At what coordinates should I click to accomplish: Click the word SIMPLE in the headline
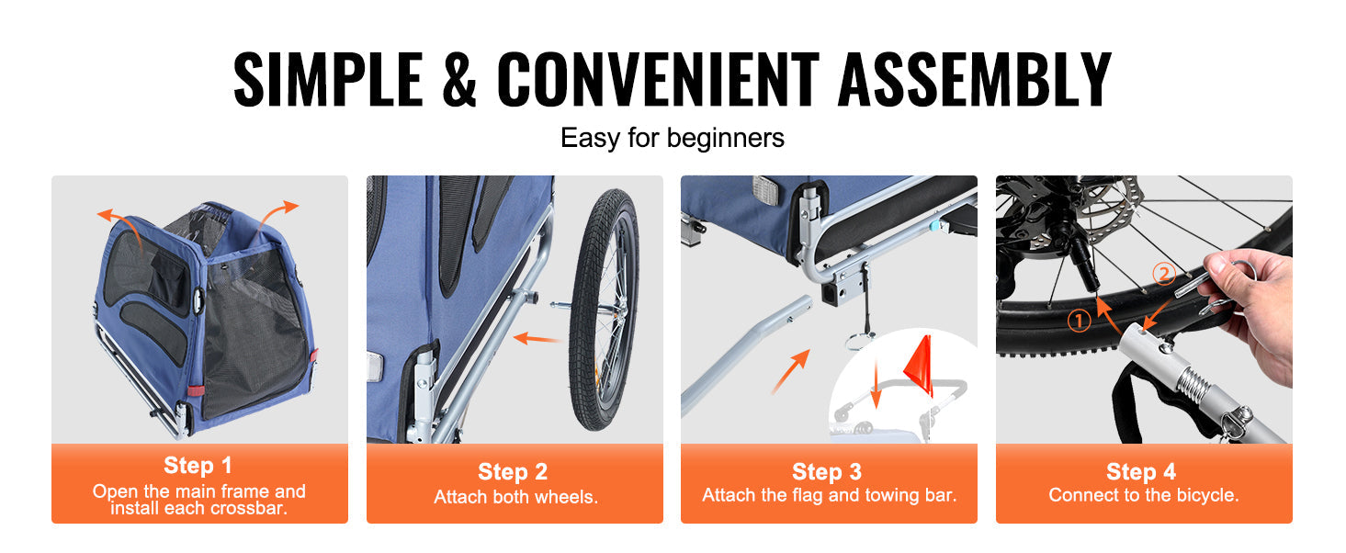click(x=328, y=79)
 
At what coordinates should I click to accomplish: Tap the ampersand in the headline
click(x=459, y=79)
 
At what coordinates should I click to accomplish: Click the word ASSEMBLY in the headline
click(x=974, y=79)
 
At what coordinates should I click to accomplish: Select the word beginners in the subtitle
click(x=725, y=138)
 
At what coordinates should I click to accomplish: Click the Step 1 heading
click(x=198, y=465)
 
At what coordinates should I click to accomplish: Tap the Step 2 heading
click(x=513, y=472)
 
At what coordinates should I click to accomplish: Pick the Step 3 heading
click(x=827, y=472)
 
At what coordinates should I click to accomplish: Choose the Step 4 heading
click(x=1141, y=472)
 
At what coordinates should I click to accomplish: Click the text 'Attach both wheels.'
click(x=515, y=497)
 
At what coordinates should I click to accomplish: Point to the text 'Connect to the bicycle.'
click(x=1144, y=495)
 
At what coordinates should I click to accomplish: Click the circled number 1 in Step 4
click(x=1079, y=321)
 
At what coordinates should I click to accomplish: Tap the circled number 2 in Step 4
click(x=1164, y=274)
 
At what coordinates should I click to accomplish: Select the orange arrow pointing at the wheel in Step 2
click(x=537, y=338)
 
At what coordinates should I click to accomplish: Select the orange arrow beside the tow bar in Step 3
click(x=791, y=371)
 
